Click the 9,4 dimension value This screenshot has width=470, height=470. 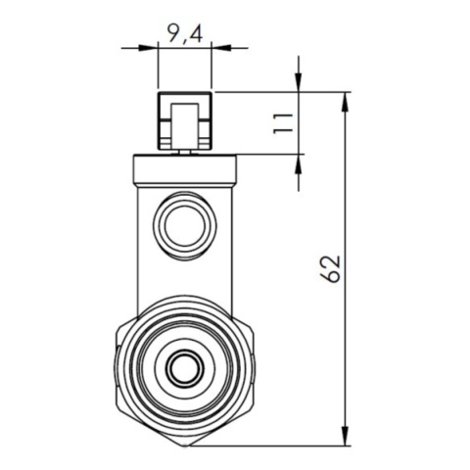184,35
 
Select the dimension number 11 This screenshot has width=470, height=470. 284,122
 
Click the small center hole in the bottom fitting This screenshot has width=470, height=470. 184,369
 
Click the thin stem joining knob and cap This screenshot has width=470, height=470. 185,151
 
